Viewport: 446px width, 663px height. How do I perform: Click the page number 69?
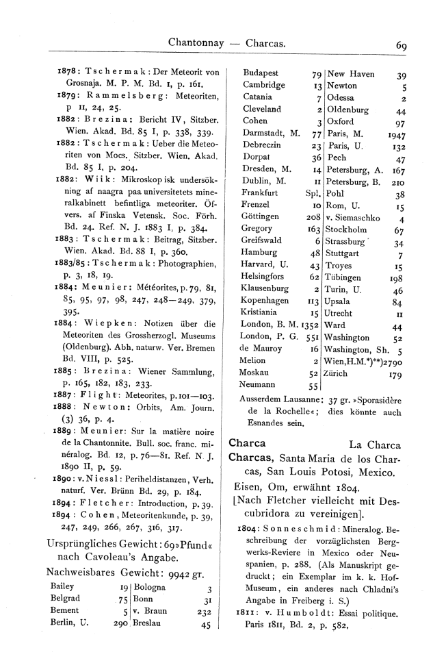click(x=401, y=47)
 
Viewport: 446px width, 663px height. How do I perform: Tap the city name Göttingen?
click(x=261, y=216)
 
